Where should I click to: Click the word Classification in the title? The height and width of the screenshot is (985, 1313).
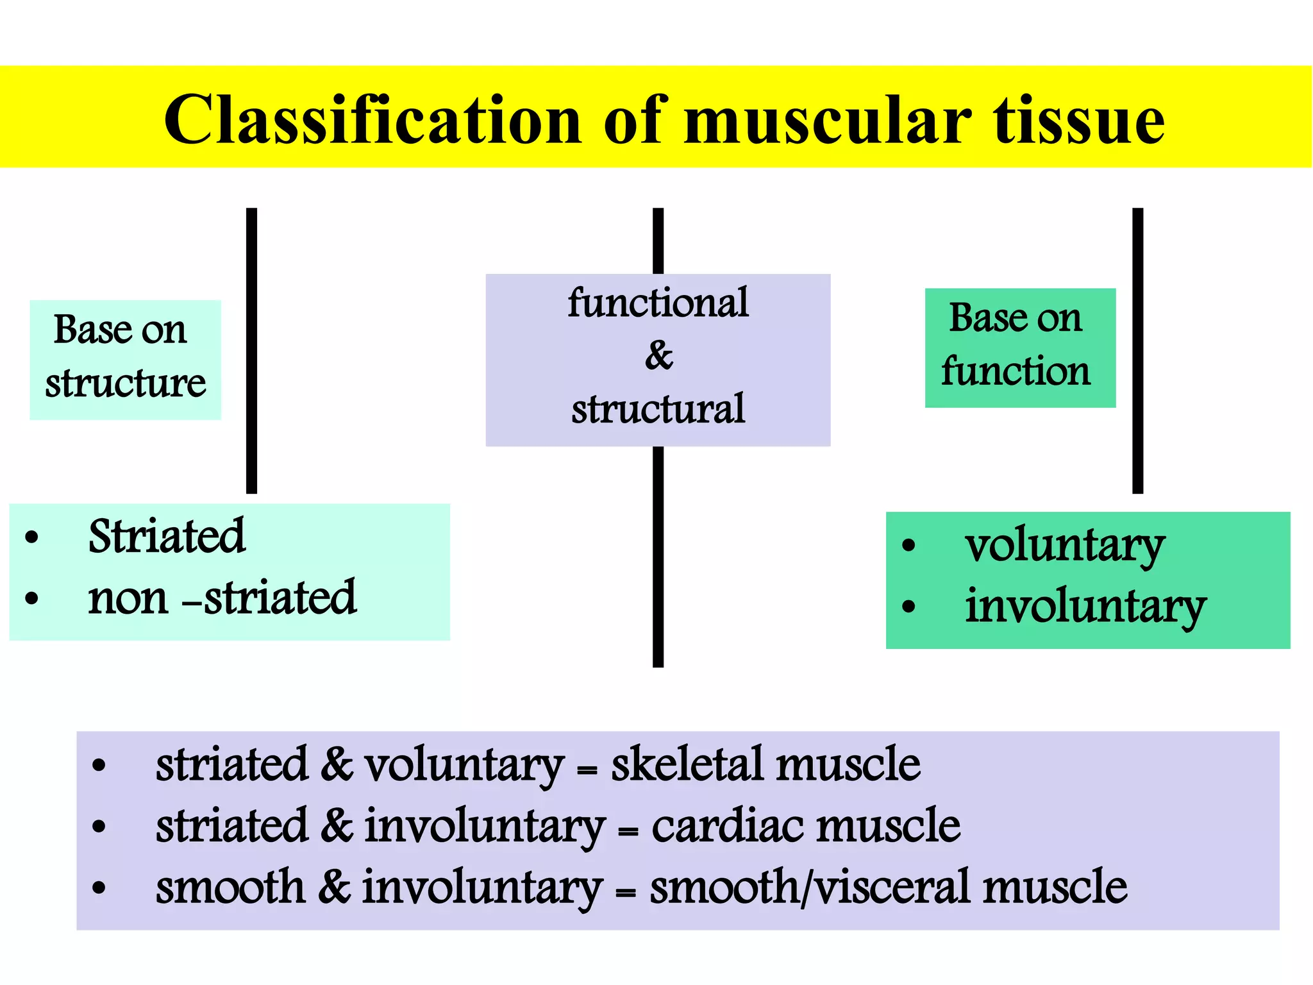pos(372,120)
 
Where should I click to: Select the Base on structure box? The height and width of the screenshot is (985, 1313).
pos(126,360)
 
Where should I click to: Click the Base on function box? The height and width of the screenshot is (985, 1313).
pos(1020,348)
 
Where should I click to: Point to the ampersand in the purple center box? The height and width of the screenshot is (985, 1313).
pos(658,356)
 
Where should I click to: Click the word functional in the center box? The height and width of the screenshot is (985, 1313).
pos(658,303)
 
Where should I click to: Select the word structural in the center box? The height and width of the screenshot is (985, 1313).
pos(658,408)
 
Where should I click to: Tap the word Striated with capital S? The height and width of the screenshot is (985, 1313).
pos(167,536)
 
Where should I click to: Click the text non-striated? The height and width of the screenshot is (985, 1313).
pos(222,598)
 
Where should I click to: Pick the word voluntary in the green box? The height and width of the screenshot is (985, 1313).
pos(1064,546)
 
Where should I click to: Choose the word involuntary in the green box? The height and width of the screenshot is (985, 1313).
pos(1085,606)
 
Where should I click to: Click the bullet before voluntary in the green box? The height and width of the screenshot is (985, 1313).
pos(908,546)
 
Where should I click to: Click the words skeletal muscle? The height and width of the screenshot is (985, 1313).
pos(765,764)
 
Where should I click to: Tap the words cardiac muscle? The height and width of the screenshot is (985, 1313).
pos(806,825)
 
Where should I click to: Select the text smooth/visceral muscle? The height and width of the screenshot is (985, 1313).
pos(888,887)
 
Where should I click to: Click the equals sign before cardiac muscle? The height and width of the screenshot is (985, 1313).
pos(628,832)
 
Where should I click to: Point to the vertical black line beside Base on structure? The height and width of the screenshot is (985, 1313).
pos(251,350)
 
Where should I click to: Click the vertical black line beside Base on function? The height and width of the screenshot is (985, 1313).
pos(1137,350)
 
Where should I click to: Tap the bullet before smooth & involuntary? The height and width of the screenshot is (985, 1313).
pos(99,888)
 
